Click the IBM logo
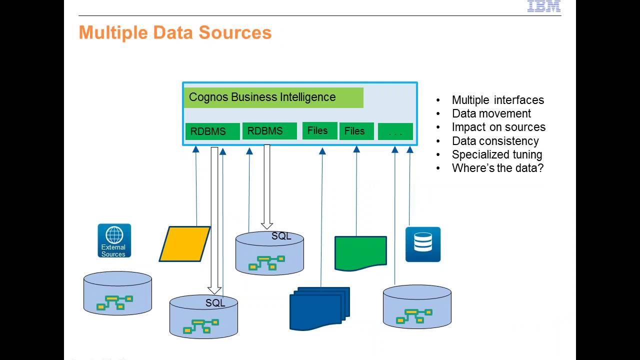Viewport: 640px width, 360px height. point(544,6)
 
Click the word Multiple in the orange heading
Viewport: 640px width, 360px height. point(113,32)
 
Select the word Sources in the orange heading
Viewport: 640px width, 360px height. point(235,32)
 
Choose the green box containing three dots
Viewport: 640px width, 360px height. point(395,131)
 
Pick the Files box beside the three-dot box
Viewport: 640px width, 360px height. point(356,131)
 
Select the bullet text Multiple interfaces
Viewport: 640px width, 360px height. point(497,100)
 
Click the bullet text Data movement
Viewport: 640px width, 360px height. point(491,113)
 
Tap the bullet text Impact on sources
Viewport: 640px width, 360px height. point(498,127)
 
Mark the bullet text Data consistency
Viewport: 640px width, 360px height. point(495,141)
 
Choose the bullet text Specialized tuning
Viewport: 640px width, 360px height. point(496,154)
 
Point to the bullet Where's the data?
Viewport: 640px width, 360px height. point(497,168)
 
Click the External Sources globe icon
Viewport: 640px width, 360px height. point(114,240)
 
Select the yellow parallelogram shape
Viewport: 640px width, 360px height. point(184,244)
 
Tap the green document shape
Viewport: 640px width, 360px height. point(360,252)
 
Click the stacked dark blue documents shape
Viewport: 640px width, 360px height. point(319,308)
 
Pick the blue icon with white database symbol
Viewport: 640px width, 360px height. point(422,244)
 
